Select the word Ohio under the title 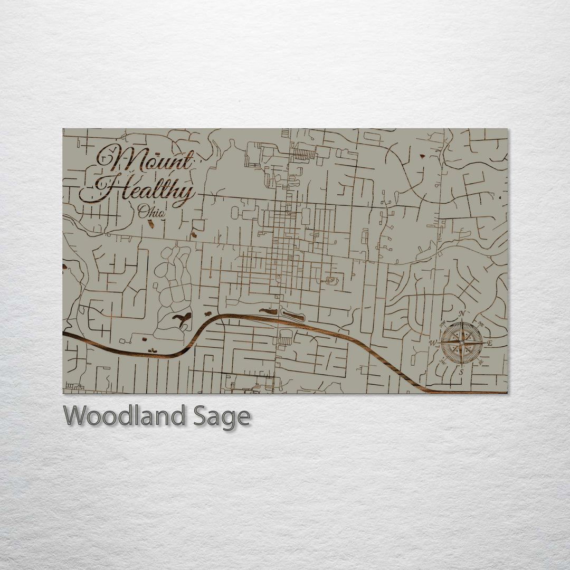(151, 212)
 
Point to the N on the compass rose (462, 314)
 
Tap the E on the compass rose (489, 344)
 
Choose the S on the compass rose (461, 372)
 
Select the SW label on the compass (443, 362)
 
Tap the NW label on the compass (443, 324)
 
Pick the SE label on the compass (480, 362)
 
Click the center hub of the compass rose (461, 343)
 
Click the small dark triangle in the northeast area (422, 156)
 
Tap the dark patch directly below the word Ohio (151, 224)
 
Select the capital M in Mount (122, 157)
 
